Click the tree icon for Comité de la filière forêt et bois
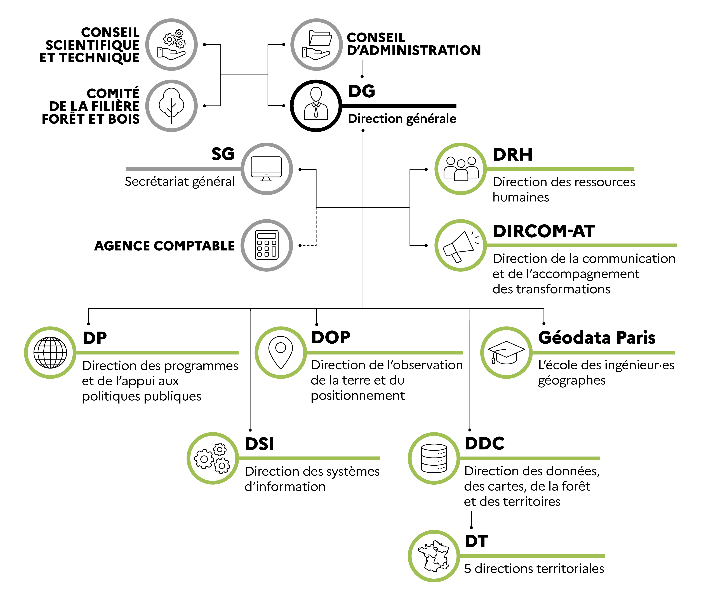(171, 106)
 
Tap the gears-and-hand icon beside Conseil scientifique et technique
(171, 45)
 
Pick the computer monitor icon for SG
(266, 169)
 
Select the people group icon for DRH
(460, 169)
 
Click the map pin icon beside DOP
(281, 352)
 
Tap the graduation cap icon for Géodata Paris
(506, 352)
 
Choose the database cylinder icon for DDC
(434, 458)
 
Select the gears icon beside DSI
(213, 458)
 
